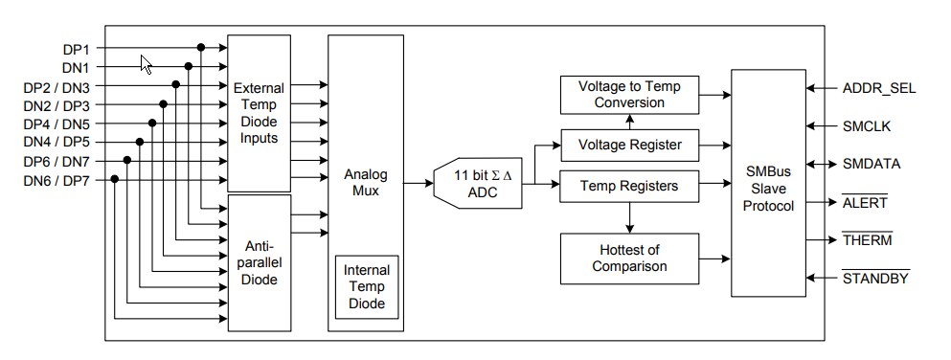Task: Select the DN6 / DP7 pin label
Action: tap(56, 179)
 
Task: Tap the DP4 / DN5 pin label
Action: tap(56, 123)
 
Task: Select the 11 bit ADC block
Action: tap(478, 183)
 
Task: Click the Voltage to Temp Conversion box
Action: tap(628, 95)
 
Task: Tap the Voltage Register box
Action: tap(628, 145)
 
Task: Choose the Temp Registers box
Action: tap(628, 185)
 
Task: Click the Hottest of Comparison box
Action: tap(628, 258)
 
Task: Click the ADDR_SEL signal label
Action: tap(878, 88)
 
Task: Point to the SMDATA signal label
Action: tap(871, 164)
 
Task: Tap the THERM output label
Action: tap(867, 239)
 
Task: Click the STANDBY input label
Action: tap(874, 279)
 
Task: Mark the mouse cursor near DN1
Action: tap(146, 63)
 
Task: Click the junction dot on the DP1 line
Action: tap(201, 47)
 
